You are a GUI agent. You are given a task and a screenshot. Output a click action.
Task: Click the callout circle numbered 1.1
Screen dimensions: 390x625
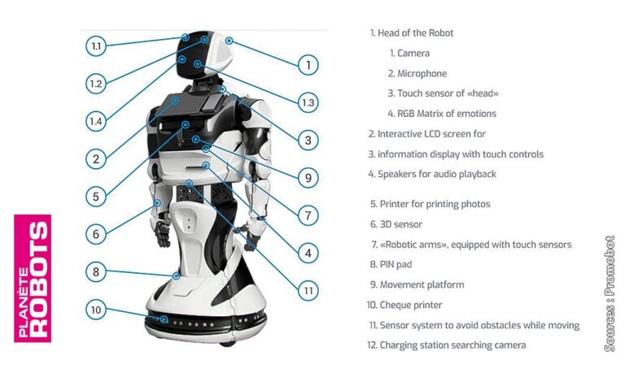point(96,46)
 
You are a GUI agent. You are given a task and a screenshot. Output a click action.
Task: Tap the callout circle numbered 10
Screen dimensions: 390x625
point(96,310)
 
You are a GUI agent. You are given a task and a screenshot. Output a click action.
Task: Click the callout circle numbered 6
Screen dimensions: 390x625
point(96,234)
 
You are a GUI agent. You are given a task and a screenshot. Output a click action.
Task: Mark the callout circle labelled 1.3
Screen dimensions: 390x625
point(307,102)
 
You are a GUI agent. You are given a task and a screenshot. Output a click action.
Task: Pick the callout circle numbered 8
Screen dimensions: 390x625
point(96,272)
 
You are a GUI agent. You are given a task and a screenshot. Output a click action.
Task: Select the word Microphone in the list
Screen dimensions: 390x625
point(422,74)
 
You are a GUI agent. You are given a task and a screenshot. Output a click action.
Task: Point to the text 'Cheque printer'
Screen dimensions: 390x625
point(411,305)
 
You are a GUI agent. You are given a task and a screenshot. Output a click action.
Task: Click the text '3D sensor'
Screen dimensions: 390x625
point(401,224)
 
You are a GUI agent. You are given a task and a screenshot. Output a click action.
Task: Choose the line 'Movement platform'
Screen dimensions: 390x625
point(422,285)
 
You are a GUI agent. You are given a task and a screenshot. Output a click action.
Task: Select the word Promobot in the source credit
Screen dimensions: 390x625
point(610,276)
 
